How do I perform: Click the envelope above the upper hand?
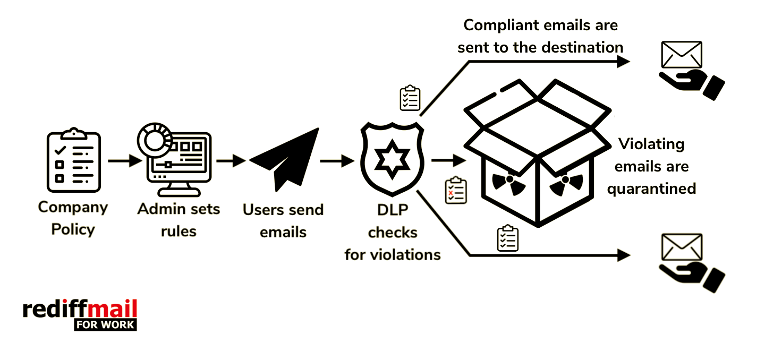point(681,55)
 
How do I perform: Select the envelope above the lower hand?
point(682,247)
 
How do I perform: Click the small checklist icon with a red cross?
point(456,191)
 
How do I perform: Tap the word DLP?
point(393,210)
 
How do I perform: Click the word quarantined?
point(651,188)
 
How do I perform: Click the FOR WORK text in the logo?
point(105,324)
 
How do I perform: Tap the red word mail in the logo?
point(114,308)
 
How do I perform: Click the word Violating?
point(651,144)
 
